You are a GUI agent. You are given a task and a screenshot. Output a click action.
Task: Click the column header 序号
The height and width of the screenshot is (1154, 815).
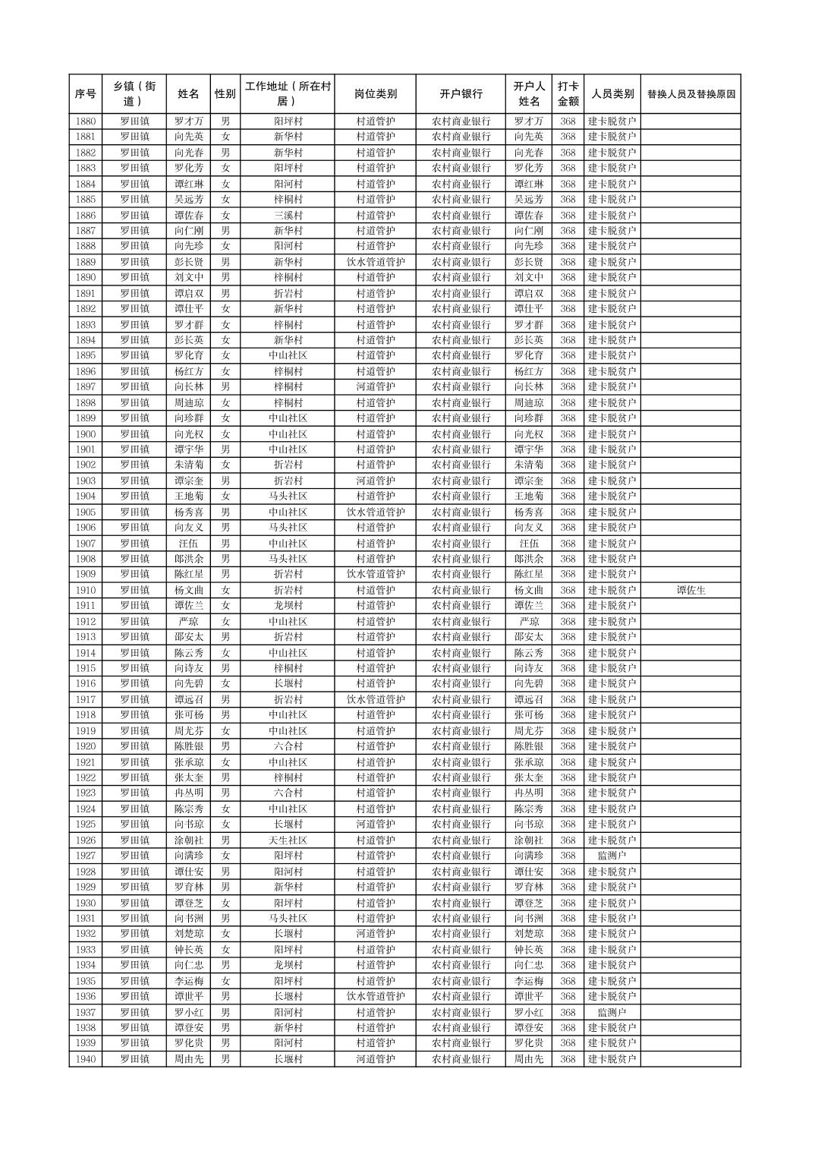(x=86, y=94)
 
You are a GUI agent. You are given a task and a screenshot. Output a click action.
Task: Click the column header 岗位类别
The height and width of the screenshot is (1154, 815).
(x=375, y=94)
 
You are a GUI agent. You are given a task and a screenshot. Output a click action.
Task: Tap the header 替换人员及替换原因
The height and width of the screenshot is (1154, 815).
(x=691, y=94)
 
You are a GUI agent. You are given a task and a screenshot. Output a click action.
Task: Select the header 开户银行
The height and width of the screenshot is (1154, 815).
(x=461, y=94)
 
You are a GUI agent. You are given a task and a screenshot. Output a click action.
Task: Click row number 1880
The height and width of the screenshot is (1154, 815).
(x=86, y=121)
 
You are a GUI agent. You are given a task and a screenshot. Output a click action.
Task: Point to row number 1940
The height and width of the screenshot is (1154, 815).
(x=86, y=1059)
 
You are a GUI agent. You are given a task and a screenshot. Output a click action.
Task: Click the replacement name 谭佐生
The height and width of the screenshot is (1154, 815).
(x=691, y=590)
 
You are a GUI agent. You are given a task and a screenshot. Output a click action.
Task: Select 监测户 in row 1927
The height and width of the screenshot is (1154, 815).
(x=612, y=856)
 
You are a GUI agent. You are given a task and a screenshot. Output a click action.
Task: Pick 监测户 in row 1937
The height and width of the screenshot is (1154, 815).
(x=612, y=1012)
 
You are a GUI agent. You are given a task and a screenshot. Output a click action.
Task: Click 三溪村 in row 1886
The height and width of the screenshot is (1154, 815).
(x=288, y=215)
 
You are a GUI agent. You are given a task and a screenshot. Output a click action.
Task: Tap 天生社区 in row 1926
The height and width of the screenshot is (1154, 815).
(x=288, y=840)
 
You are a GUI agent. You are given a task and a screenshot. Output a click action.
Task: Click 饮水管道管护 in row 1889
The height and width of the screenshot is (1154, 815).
(x=375, y=262)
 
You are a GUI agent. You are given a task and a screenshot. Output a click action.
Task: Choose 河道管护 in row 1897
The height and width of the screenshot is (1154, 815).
(x=375, y=387)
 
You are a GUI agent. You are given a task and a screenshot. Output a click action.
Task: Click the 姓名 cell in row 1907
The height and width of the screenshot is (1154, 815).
(x=188, y=544)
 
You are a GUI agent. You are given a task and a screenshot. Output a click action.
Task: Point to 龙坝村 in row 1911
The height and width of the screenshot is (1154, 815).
(x=288, y=606)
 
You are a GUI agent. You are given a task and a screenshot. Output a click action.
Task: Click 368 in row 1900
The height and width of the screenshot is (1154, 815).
(x=568, y=434)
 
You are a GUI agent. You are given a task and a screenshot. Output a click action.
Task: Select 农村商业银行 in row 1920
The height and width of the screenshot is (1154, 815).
(x=461, y=746)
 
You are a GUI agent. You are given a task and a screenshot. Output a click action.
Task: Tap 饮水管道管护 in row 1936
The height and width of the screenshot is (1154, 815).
(x=375, y=996)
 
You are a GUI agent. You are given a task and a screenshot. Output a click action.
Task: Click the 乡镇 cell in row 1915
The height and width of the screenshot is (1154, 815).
(x=134, y=668)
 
